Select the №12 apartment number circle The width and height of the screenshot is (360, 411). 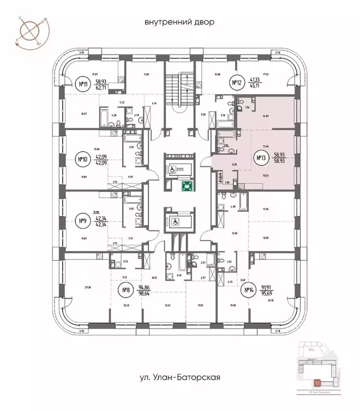click(x=237, y=82)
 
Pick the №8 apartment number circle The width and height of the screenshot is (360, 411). click(x=126, y=292)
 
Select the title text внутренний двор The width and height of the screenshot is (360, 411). click(x=179, y=22)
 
